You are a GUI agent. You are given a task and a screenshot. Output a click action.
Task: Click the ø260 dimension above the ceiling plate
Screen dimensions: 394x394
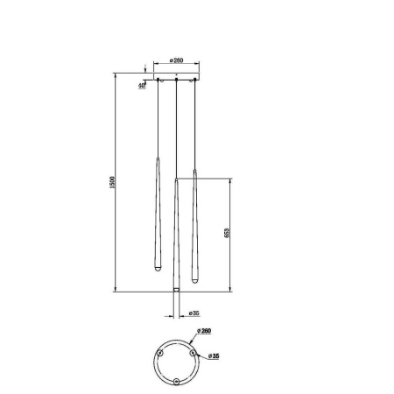coord(177,61)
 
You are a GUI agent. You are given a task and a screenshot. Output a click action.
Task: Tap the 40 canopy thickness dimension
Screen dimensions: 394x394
coord(142,86)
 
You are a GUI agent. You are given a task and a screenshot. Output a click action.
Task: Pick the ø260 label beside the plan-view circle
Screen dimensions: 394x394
coord(207,331)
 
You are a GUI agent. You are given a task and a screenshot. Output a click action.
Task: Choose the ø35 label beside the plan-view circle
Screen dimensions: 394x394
coord(213,355)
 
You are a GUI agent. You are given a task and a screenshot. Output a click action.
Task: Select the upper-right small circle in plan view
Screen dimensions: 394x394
coord(193,352)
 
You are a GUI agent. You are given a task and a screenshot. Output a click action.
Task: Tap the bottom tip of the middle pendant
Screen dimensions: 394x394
coord(177,290)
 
